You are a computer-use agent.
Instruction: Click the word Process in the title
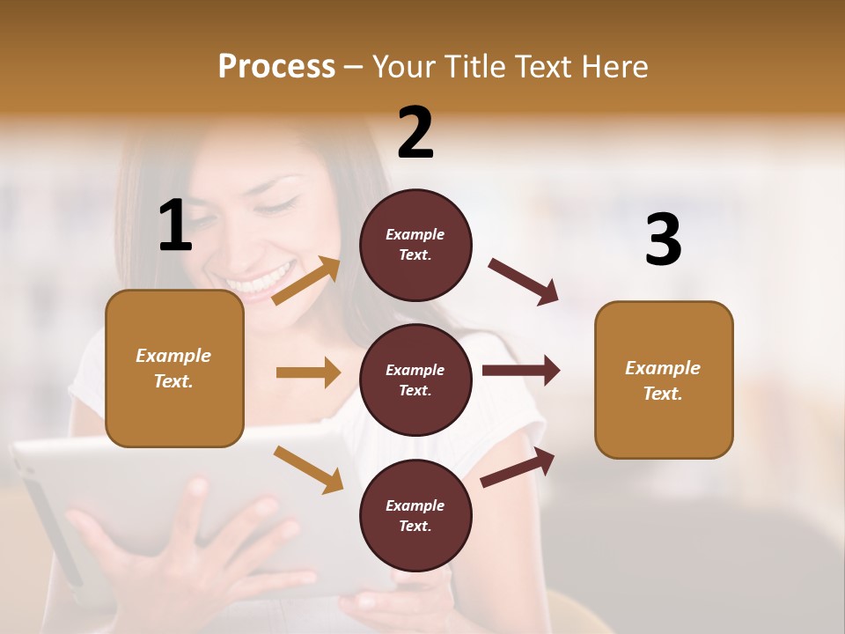pos(276,66)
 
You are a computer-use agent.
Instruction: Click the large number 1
pos(174,225)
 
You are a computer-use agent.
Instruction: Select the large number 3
pos(663,240)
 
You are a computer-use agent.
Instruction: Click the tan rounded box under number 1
pos(174,368)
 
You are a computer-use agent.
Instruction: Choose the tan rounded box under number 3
pos(664,380)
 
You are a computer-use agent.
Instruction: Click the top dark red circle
pos(415,244)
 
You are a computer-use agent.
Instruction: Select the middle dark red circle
pos(415,380)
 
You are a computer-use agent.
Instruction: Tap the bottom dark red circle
pos(415,515)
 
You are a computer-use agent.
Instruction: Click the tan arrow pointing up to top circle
pos(306,281)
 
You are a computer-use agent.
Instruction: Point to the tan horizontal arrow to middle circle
pos(308,372)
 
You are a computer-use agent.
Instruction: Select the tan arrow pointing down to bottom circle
pos(308,468)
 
